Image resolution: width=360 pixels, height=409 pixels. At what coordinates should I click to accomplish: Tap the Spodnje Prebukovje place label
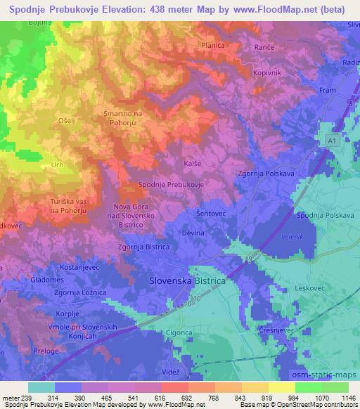click(171, 183)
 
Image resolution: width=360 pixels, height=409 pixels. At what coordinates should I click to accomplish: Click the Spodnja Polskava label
click(325, 216)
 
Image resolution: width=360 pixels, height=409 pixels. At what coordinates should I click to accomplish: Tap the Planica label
click(212, 45)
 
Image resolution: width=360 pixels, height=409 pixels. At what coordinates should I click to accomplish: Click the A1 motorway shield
click(333, 141)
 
